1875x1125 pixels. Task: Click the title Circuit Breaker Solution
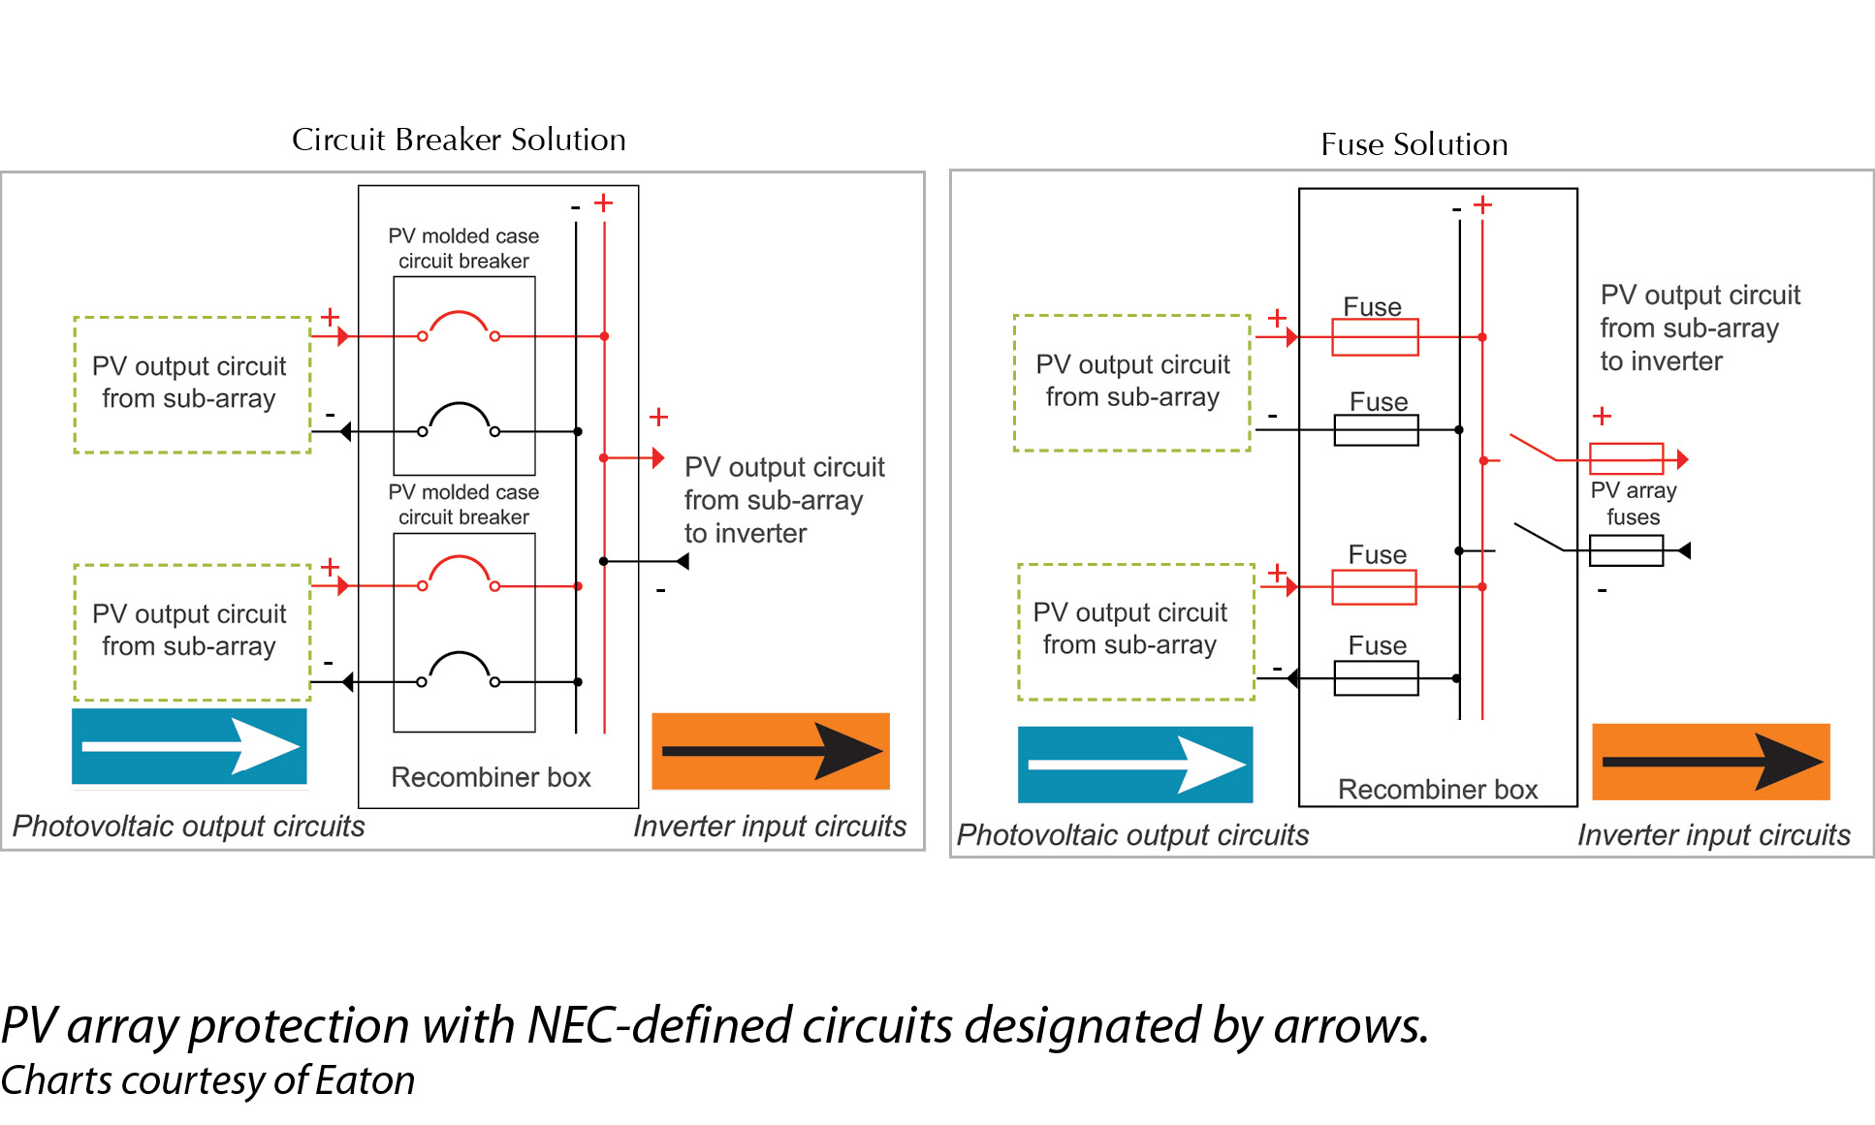[459, 140]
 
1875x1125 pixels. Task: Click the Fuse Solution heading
[1414, 144]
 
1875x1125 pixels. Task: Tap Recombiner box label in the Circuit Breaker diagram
[491, 777]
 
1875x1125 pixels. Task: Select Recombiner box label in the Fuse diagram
[1437, 790]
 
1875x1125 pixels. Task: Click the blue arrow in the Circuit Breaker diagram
[189, 746]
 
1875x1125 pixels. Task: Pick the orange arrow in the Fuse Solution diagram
[1710, 762]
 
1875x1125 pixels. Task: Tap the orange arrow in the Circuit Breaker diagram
[770, 751]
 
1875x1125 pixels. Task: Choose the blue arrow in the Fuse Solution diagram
[1134, 765]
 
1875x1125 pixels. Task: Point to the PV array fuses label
[1633, 504]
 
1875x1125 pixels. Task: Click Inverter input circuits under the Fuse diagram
[1713, 835]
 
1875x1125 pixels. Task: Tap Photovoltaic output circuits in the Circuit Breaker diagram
[188, 827]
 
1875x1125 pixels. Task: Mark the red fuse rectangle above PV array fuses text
[1626, 458]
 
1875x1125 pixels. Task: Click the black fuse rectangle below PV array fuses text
[1626, 550]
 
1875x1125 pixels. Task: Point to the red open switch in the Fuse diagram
[1533, 448]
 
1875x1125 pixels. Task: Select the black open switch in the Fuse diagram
[1539, 537]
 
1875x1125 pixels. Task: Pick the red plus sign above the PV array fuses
[1602, 416]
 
